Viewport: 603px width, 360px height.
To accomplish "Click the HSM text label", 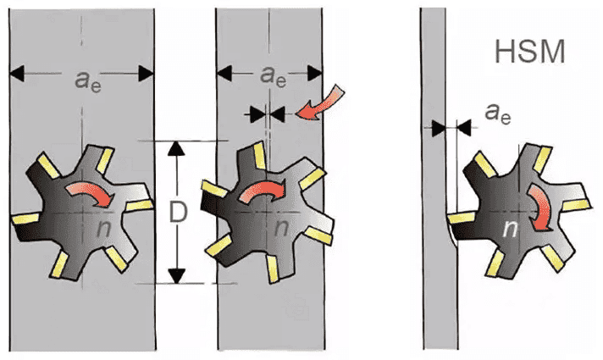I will point(528,53).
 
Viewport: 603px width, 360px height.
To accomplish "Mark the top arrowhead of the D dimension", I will point(176,148).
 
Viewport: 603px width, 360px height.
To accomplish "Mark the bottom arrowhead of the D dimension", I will point(176,275).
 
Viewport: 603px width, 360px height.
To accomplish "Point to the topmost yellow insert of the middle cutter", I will point(252,153).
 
